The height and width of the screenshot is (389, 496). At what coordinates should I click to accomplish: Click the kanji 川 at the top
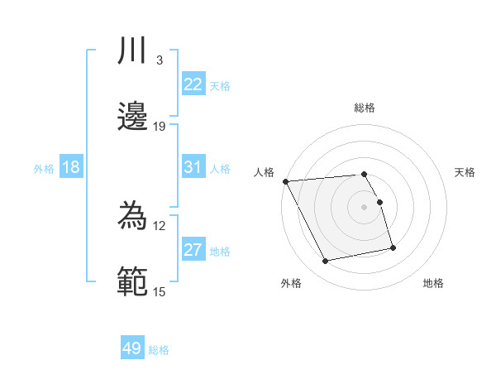click(x=133, y=51)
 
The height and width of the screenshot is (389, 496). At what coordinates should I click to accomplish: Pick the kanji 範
click(x=133, y=281)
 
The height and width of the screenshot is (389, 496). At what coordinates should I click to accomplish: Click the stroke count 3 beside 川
click(x=159, y=60)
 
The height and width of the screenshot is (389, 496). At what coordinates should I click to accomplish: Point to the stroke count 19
click(x=160, y=126)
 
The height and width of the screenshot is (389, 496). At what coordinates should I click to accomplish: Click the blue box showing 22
click(x=193, y=84)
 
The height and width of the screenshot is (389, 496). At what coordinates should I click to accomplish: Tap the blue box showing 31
click(x=193, y=167)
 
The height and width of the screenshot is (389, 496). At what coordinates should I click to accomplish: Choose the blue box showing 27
click(x=193, y=250)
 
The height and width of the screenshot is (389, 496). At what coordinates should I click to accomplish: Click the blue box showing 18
click(x=71, y=167)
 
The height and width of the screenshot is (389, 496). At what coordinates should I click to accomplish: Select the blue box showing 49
click(x=132, y=348)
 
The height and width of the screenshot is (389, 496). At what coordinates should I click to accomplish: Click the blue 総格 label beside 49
click(x=159, y=350)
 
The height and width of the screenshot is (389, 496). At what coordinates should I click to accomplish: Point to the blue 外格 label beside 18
click(x=44, y=169)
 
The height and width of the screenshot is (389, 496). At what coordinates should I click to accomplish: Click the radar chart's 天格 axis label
click(x=465, y=172)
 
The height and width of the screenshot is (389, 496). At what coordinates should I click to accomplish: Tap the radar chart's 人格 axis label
click(x=263, y=172)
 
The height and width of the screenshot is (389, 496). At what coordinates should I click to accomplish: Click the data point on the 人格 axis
click(x=285, y=181)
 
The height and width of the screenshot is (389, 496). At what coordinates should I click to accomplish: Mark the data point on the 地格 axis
click(x=393, y=247)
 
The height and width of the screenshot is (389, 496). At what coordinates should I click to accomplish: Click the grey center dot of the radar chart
click(x=364, y=206)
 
